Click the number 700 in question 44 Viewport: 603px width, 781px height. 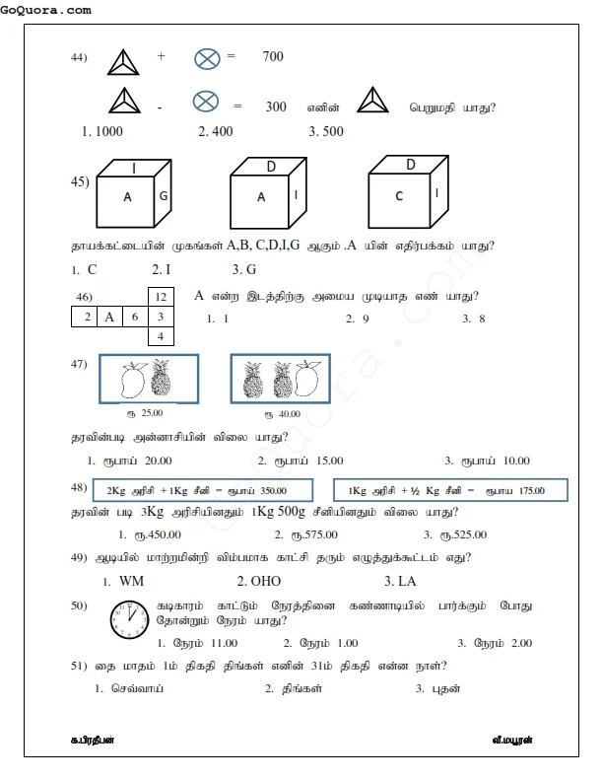(273, 57)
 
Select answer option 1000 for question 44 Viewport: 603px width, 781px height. (100, 130)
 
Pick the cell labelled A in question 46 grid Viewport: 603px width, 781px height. (109, 317)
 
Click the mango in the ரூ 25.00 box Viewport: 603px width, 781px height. (128, 380)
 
